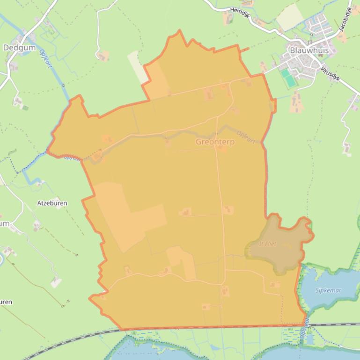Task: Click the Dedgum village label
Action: point(16,47)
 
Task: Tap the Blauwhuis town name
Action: point(309,50)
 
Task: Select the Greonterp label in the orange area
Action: point(215,142)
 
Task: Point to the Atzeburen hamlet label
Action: point(52,203)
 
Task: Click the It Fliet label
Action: point(268,244)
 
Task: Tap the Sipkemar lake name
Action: point(328,290)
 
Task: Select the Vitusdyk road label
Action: point(330,74)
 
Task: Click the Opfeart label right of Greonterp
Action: point(246,136)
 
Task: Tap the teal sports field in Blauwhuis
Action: point(288,78)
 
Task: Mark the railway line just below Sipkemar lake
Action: point(332,324)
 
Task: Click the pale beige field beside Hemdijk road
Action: point(290,17)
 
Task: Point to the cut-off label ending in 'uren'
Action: point(6,302)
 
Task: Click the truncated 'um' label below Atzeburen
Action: point(5,223)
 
